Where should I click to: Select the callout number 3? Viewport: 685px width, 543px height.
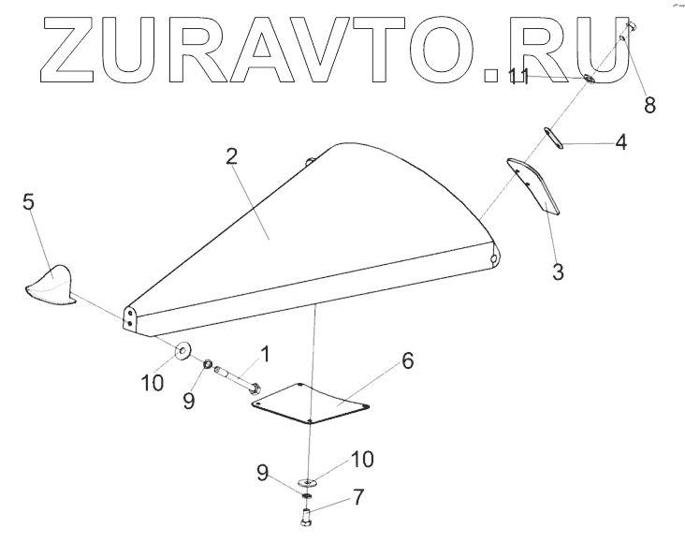click(x=558, y=272)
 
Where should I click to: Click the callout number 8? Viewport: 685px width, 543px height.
click(x=649, y=104)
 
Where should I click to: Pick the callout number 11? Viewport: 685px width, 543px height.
click(x=518, y=76)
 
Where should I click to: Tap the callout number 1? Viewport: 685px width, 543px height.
click(x=265, y=354)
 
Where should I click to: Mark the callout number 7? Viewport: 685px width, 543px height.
click(x=357, y=496)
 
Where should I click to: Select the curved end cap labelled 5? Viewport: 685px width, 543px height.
click(x=51, y=284)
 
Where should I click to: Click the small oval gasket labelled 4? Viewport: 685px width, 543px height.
click(x=551, y=138)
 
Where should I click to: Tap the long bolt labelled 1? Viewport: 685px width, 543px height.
click(x=238, y=379)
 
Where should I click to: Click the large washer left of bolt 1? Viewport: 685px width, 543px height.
click(x=182, y=352)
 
